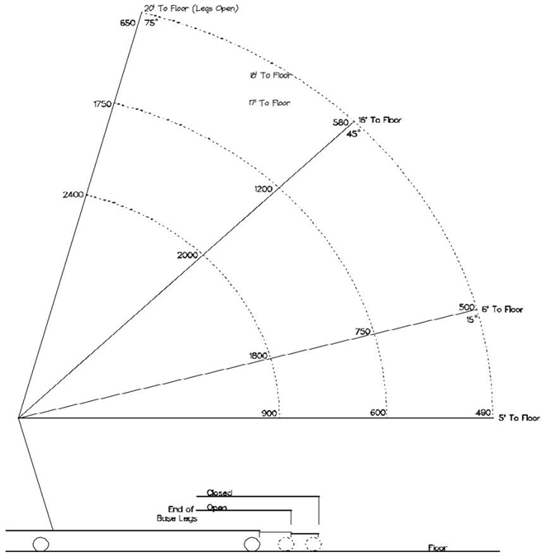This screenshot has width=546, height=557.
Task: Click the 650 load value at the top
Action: coord(128,23)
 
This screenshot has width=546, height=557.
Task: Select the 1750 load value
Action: coord(102,104)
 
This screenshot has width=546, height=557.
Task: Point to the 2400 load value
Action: coord(73,195)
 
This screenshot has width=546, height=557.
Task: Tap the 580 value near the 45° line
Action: coord(340,123)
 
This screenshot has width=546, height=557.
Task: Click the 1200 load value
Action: coord(264,189)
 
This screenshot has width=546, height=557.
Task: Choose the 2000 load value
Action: coord(188,255)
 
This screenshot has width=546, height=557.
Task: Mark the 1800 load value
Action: coord(259,356)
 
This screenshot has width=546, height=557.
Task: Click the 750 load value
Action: coord(362,332)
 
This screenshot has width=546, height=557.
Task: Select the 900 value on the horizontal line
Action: coord(268,413)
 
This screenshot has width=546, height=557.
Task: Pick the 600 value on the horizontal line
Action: coord(378,413)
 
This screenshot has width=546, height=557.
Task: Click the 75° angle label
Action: coord(150,24)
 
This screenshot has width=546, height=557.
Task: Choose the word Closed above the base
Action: coord(220,493)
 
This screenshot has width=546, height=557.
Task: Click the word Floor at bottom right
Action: coord(440,548)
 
